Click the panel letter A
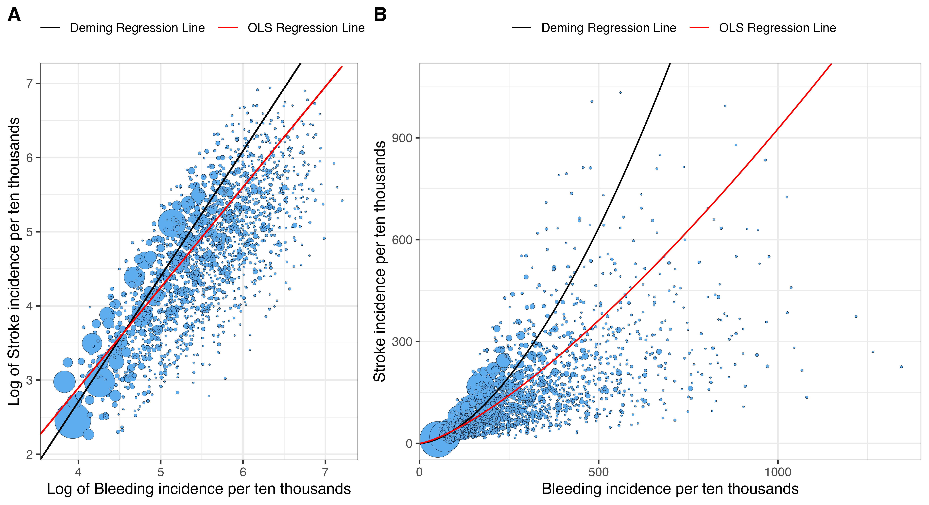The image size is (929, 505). click(x=14, y=15)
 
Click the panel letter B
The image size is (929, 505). click(x=380, y=15)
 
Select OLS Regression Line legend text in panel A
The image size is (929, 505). click(x=306, y=28)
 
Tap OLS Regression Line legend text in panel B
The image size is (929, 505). click(x=777, y=28)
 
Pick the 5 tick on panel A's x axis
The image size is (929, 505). click(x=161, y=472)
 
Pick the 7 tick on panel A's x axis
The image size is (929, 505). click(x=325, y=472)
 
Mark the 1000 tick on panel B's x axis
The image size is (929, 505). click(x=778, y=472)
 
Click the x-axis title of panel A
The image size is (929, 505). click(x=199, y=489)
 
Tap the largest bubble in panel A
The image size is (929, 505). click(x=73, y=420)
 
